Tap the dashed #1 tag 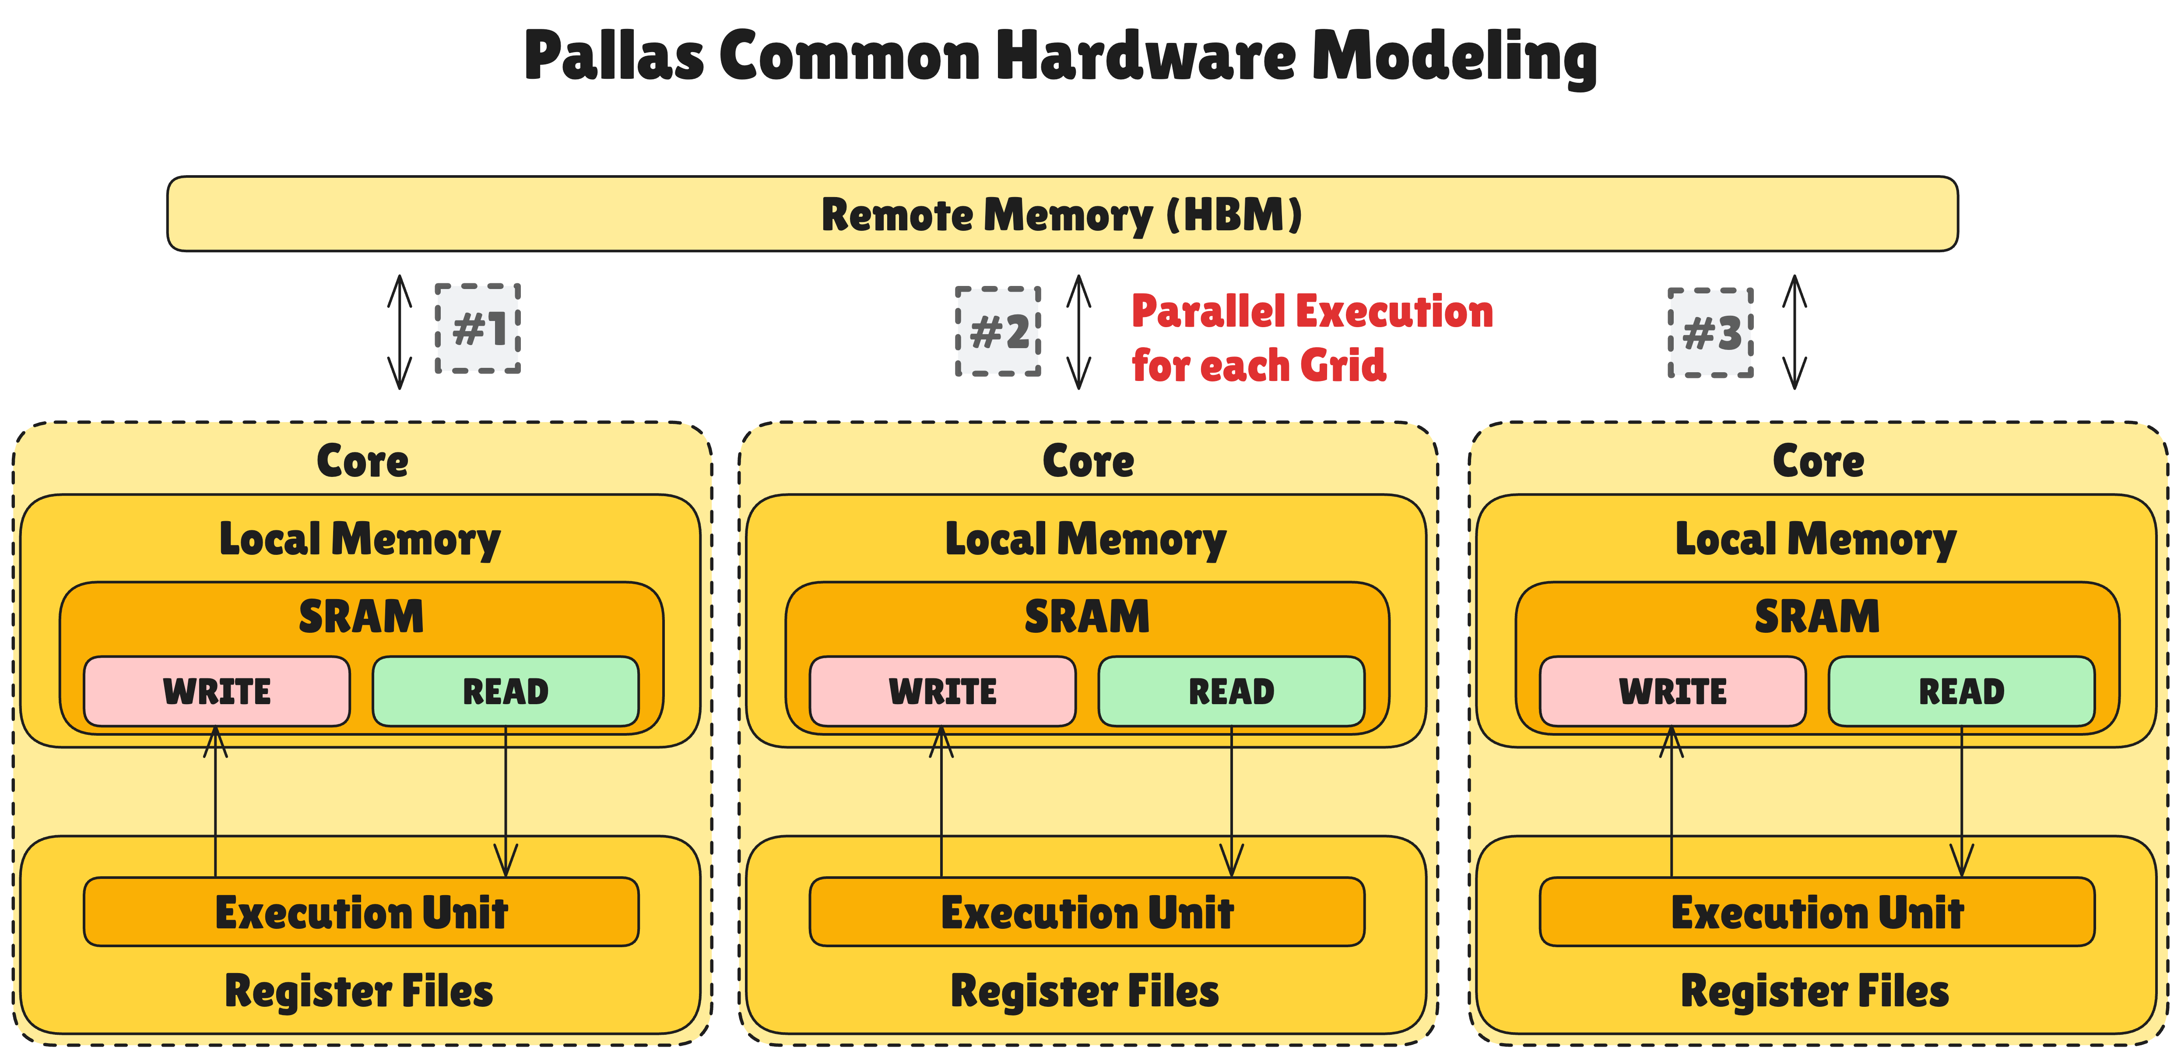[478, 329]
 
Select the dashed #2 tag [998, 331]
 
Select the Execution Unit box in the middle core [1087, 912]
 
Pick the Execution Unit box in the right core [1817, 912]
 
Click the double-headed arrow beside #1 [400, 332]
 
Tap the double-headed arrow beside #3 [1795, 332]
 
